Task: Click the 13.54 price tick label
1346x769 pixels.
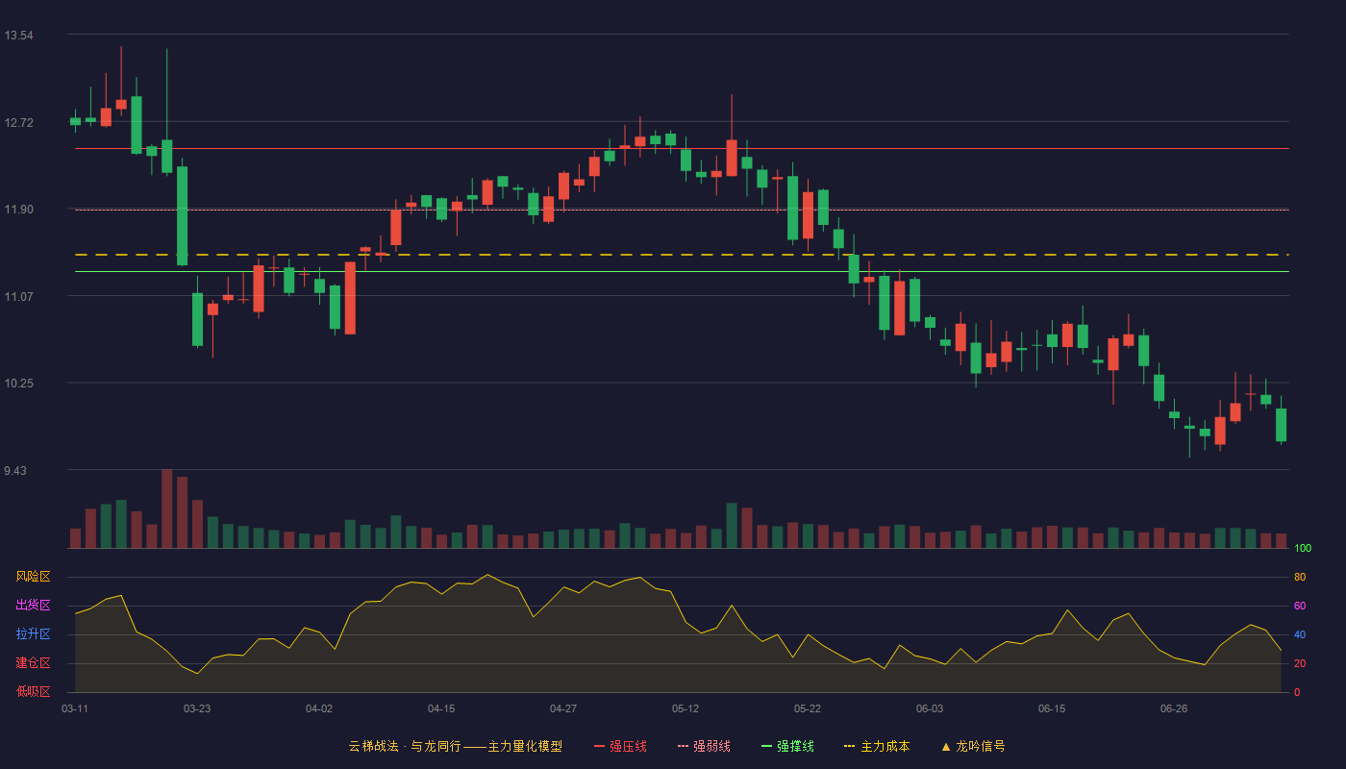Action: [x=18, y=36]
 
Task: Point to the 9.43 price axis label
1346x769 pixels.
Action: [x=15, y=470]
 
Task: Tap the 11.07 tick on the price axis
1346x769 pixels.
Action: [x=18, y=297]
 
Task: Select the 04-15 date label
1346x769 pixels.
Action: [x=441, y=709]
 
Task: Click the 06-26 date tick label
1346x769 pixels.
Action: [x=1174, y=709]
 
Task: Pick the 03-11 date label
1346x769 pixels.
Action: [x=75, y=709]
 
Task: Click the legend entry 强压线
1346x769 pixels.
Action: [x=620, y=746]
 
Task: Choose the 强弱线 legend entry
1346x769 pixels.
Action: [x=704, y=746]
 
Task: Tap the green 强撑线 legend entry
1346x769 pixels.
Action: [x=787, y=746]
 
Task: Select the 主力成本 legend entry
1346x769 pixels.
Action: [x=877, y=746]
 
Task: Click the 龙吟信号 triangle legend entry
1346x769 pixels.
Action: [x=973, y=746]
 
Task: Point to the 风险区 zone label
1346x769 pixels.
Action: [x=33, y=577]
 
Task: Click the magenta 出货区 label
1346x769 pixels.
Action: [x=33, y=605]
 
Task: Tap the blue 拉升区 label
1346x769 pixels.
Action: [x=33, y=633]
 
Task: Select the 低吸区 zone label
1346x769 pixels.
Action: [x=33, y=691]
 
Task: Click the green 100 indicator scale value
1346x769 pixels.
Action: [x=1303, y=548]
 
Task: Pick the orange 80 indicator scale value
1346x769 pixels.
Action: [x=1300, y=577]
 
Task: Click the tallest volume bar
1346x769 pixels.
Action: [x=167, y=509]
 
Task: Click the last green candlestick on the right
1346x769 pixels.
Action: [x=1281, y=425]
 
